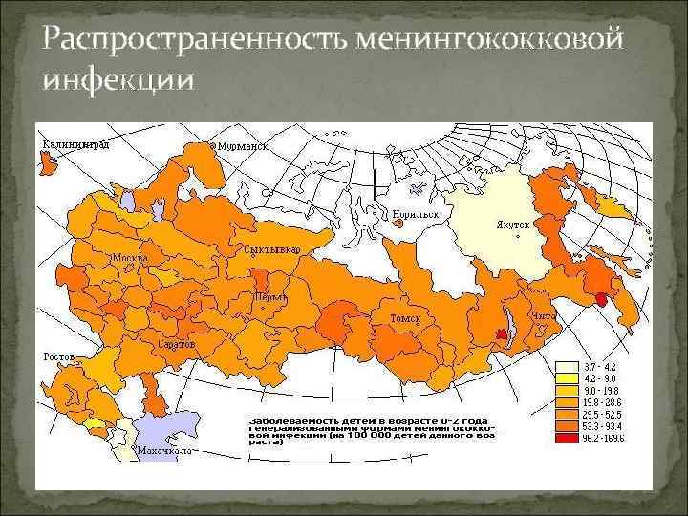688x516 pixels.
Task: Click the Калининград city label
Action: [x=75, y=144]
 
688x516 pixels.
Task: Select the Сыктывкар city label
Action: [x=272, y=249]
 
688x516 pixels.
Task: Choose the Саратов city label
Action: [x=176, y=342]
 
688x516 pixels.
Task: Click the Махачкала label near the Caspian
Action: [x=161, y=449]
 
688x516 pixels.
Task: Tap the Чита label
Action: [x=542, y=315]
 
